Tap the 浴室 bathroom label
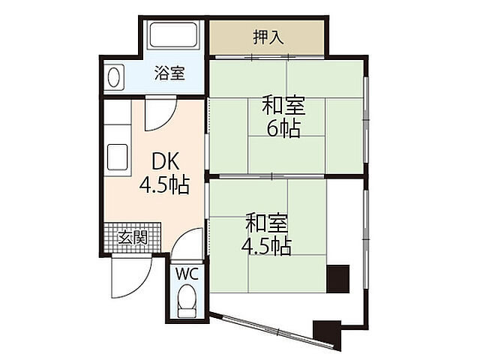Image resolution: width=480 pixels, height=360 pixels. pyautogui.click(x=169, y=73)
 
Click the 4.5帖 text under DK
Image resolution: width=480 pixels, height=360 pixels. pyautogui.click(x=164, y=184)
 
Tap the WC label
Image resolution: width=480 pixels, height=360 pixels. pyautogui.click(x=186, y=274)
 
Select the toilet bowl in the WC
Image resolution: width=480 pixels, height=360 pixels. pyautogui.click(x=187, y=301)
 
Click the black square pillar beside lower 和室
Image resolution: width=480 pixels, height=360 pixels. pyautogui.click(x=338, y=278)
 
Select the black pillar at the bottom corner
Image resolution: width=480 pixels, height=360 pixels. pyautogui.click(x=326, y=330)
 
